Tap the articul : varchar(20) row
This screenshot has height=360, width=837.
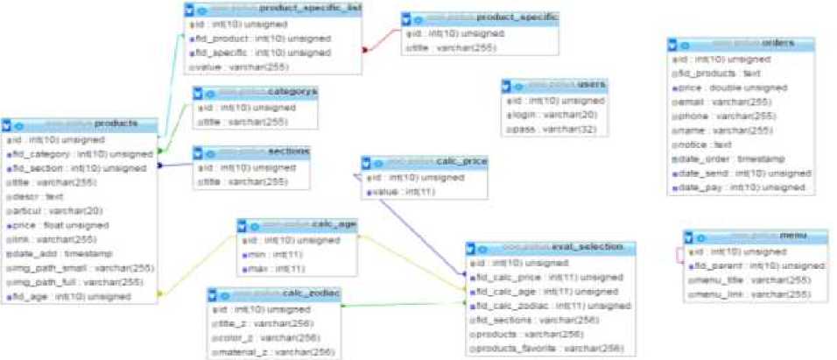53,210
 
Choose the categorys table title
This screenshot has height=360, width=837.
293,91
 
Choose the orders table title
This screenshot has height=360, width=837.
777,43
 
